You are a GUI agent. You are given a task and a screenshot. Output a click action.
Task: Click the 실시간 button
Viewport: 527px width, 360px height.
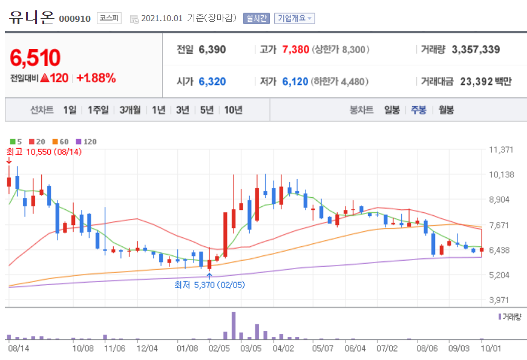pyautogui.click(x=256, y=19)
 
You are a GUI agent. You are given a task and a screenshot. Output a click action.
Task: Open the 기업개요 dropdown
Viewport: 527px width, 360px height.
pyautogui.click(x=294, y=19)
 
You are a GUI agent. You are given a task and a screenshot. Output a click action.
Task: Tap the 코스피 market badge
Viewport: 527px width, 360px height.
pyautogui.click(x=109, y=19)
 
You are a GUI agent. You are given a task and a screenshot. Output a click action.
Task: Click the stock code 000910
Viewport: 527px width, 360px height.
pyautogui.click(x=75, y=19)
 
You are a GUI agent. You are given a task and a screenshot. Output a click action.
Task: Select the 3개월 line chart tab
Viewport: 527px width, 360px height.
pyautogui.click(x=130, y=110)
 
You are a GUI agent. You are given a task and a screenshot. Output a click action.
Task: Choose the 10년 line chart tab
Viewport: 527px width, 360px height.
pyautogui.click(x=233, y=110)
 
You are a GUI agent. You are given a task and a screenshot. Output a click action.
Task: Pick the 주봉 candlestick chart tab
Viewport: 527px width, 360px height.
pyautogui.click(x=419, y=110)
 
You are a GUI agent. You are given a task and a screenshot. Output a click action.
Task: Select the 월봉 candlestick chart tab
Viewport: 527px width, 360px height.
pyautogui.click(x=447, y=110)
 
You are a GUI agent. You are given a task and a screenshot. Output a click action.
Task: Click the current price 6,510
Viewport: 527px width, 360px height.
pyautogui.click(x=35, y=58)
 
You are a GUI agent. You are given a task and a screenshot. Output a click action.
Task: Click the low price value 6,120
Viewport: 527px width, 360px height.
pyautogui.click(x=295, y=81)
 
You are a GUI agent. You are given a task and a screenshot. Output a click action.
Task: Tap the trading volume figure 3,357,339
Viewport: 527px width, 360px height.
pyautogui.click(x=476, y=50)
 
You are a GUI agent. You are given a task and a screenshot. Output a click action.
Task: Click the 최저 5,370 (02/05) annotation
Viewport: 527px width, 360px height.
pyautogui.click(x=209, y=284)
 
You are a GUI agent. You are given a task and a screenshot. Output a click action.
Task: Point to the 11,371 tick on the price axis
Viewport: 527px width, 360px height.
pyautogui.click(x=500, y=149)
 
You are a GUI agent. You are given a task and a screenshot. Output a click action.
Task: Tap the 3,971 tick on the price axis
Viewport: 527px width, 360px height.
pyautogui.click(x=500, y=300)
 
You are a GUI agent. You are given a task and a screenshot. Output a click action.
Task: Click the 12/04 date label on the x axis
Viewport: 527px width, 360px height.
pyautogui.click(x=147, y=349)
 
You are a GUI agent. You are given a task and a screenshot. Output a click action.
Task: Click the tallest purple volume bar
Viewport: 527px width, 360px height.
pyautogui.click(x=234, y=326)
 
